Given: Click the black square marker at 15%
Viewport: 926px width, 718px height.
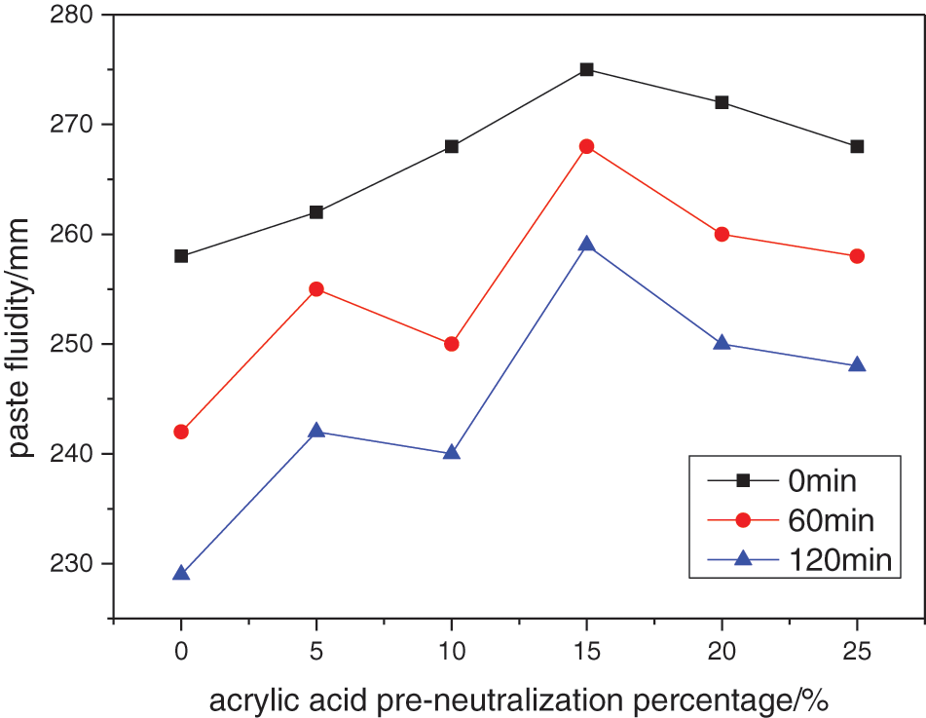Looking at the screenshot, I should (x=586, y=69).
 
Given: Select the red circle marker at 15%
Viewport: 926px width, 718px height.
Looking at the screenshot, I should (x=586, y=146).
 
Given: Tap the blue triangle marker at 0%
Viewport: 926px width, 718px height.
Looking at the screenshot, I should (x=181, y=573).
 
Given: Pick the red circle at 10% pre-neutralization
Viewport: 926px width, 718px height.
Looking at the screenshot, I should (x=451, y=344).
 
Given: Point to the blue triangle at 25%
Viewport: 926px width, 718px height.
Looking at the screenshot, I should (x=857, y=365).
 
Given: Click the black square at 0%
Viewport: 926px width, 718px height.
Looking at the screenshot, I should (x=181, y=256).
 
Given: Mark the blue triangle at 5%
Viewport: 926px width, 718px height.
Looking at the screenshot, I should (x=316, y=431).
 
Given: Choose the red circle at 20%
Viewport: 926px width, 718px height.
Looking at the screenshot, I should (x=722, y=234).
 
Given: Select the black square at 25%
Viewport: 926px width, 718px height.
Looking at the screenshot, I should (x=857, y=146).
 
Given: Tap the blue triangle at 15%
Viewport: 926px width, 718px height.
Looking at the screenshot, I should (x=586, y=245).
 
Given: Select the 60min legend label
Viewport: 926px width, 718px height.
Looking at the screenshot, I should (x=829, y=519).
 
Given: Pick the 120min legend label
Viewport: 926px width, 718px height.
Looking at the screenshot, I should (x=839, y=559).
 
